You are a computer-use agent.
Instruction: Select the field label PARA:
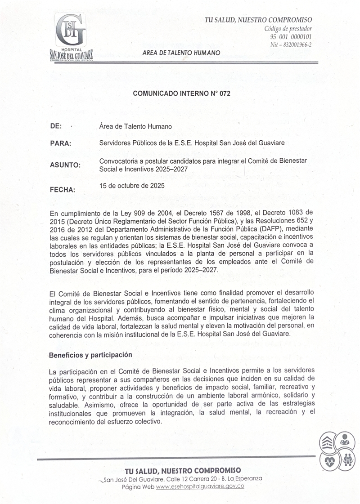61,143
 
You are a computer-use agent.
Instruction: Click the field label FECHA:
63,189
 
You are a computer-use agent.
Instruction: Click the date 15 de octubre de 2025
132,185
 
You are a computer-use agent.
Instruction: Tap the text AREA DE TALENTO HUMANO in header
181,53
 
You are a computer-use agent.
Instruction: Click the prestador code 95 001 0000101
291,37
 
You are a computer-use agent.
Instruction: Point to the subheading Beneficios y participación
90,355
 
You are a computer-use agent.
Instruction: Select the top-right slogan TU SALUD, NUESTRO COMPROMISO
258,20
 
